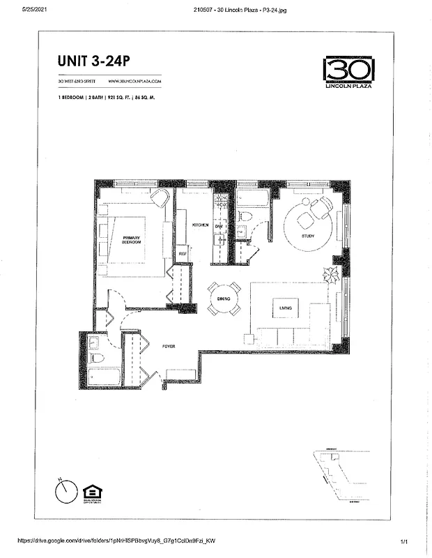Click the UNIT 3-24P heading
(x=94, y=61)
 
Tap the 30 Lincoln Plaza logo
(x=348, y=71)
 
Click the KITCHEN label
(x=201, y=225)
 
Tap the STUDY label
(x=308, y=236)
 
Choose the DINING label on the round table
(x=224, y=299)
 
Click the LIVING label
(x=285, y=308)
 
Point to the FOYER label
(x=169, y=346)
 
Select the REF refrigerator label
(x=182, y=254)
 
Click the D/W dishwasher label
(x=218, y=227)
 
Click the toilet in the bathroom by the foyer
(x=98, y=359)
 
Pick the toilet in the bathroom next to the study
(x=244, y=217)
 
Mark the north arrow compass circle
(x=65, y=492)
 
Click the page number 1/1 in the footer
(x=404, y=541)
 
